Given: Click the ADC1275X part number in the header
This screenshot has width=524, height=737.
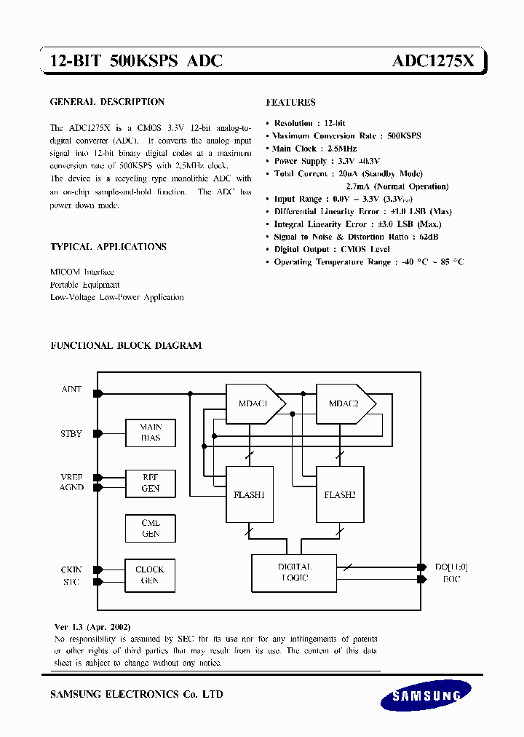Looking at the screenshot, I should coord(433,63).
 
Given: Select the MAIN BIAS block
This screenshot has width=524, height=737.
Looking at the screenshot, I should coord(151,433).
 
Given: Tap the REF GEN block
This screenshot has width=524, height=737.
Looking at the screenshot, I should coord(151,483).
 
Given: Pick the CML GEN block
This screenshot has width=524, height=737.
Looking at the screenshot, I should coord(151,529).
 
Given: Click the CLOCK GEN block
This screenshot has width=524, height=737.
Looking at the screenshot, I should coord(151,575).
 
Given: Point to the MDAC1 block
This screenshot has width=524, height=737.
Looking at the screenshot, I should coord(253,404).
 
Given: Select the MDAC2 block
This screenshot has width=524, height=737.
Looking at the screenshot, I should coord(344,404).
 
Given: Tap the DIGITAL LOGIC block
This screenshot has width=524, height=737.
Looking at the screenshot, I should coord(294,572).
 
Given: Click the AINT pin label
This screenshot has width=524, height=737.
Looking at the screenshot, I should coord(71,390).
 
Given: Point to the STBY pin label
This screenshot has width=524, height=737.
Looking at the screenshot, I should coord(71,433).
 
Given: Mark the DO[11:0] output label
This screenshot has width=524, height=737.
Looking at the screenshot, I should coord(450,567).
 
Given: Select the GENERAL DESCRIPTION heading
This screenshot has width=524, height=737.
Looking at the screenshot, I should coord(107,102).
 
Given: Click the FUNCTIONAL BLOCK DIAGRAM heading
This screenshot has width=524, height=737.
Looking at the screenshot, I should coord(126,346).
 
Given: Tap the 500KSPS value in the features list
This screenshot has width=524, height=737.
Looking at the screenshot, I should coord(404,136).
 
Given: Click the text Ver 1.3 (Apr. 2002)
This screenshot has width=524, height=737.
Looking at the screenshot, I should coord(92,627).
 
